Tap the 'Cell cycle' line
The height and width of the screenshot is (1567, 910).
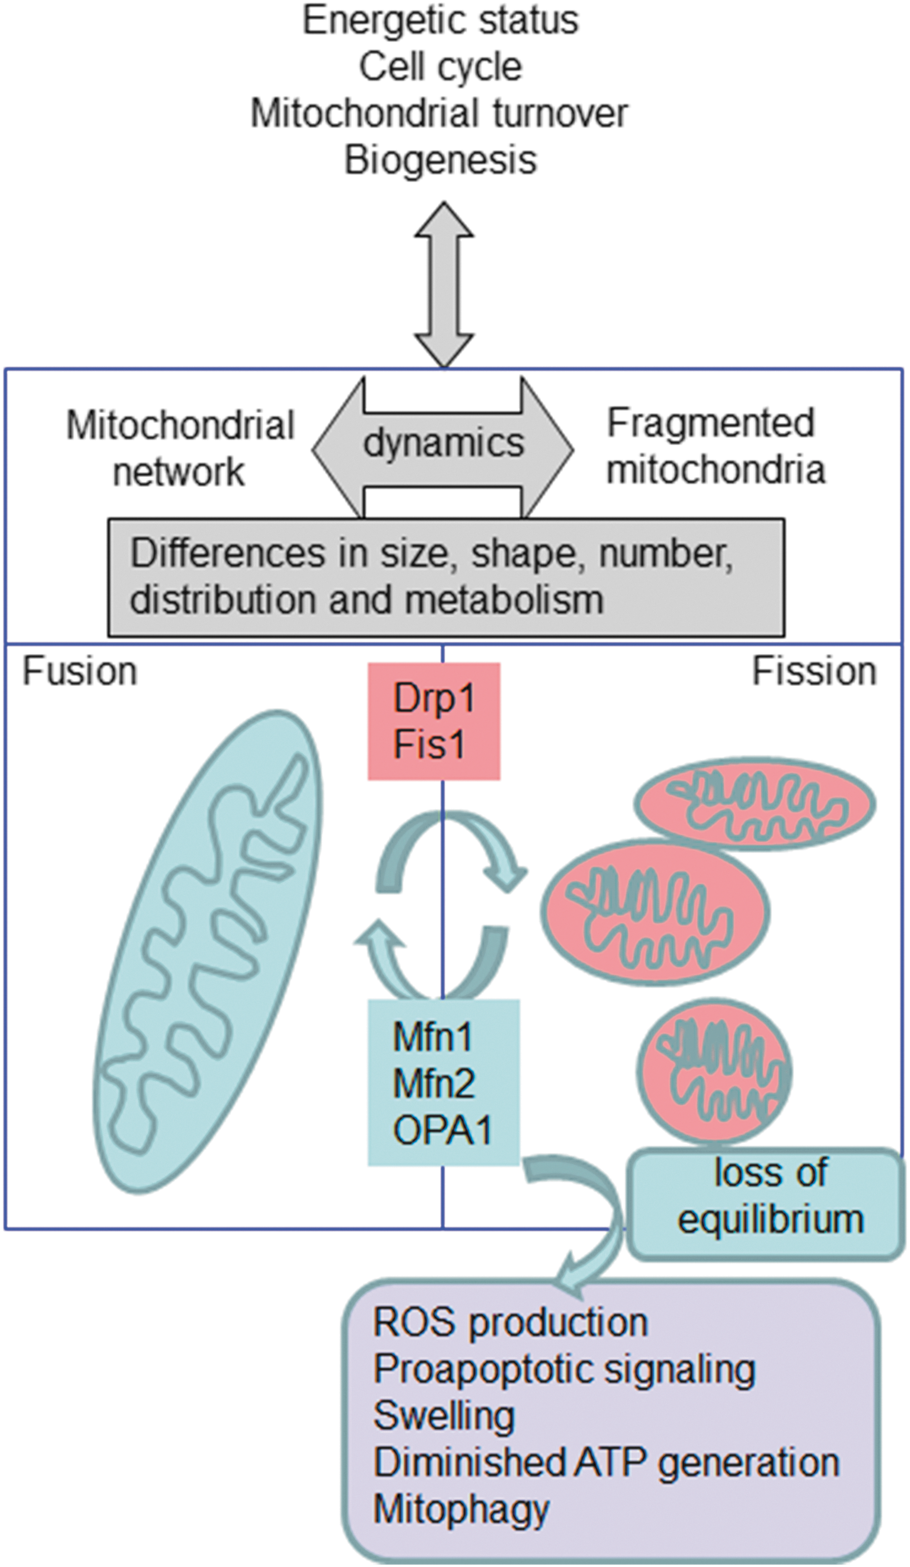click(x=441, y=67)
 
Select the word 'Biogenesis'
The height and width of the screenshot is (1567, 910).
click(x=441, y=160)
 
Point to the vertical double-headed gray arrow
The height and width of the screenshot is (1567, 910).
click(x=444, y=284)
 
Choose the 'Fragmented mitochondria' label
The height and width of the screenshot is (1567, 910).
click(x=716, y=446)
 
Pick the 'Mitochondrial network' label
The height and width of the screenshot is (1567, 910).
click(x=180, y=448)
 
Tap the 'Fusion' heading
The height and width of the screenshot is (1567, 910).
click(x=80, y=672)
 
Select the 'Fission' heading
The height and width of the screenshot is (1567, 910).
click(x=814, y=672)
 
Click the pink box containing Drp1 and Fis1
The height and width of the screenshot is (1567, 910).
click(x=434, y=721)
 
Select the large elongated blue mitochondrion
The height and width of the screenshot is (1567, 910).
click(x=208, y=952)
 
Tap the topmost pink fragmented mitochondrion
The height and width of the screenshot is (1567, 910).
click(x=755, y=804)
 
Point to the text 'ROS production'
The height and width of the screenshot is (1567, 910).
click(x=510, y=1322)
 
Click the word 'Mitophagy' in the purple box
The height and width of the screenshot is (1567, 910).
click(x=461, y=1511)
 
